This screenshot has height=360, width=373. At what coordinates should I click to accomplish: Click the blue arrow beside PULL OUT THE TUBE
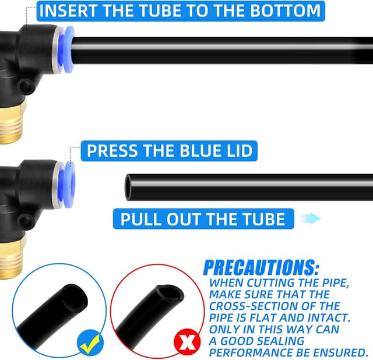tap(310, 218)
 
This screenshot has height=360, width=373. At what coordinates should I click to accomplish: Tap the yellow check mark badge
tap(90, 343)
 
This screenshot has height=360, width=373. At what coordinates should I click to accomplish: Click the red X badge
tap(187, 342)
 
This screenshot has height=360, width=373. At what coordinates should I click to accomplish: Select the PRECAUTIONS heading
tap(261, 268)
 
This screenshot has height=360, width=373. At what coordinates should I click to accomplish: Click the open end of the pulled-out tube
tap(128, 187)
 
